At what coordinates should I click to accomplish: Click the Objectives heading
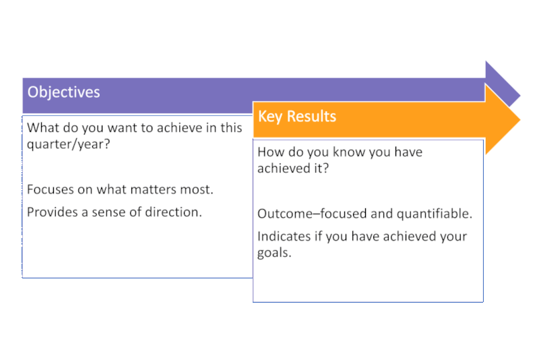(x=63, y=92)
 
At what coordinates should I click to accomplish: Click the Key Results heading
(x=296, y=116)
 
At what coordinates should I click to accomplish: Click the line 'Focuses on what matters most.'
(x=120, y=189)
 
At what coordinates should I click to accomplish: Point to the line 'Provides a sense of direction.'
(x=115, y=212)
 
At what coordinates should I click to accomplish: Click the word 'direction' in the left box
(x=175, y=212)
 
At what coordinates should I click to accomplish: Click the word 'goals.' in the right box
(x=274, y=253)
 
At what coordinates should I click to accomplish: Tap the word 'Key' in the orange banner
(x=270, y=116)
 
